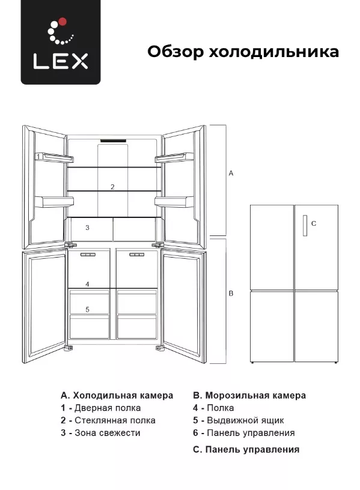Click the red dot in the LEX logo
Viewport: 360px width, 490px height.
(x=63, y=21)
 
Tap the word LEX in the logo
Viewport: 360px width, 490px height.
(x=61, y=61)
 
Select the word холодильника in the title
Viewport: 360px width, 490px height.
(x=273, y=52)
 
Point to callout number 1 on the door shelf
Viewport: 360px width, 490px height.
(x=38, y=156)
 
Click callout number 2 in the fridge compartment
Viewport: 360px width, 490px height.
(x=112, y=187)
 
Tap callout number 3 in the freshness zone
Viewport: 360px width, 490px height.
(x=88, y=228)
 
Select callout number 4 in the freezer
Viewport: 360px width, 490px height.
(x=88, y=284)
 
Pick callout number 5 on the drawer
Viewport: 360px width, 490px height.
(x=88, y=309)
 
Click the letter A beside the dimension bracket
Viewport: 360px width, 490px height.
(x=231, y=173)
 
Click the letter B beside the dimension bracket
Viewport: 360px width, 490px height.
(x=231, y=294)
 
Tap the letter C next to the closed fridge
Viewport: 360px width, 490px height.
(x=314, y=223)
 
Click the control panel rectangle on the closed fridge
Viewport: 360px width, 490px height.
(x=305, y=226)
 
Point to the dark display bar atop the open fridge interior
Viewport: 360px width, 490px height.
(x=113, y=141)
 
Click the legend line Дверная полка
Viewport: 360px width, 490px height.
(x=101, y=408)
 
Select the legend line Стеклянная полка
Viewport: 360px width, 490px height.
(x=108, y=420)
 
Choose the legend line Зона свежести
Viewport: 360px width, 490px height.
(x=100, y=433)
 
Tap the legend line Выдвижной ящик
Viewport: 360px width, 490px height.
(x=239, y=420)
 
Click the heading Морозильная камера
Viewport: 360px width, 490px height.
(x=249, y=395)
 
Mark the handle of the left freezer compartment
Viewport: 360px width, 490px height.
(x=88, y=255)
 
